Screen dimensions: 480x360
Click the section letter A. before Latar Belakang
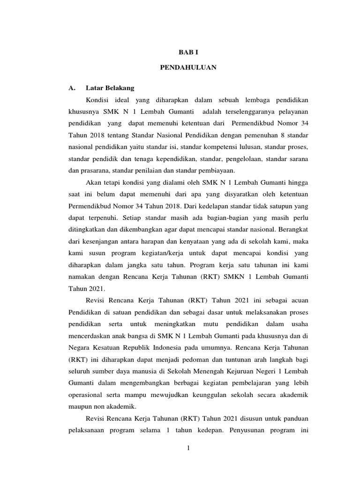(x=72, y=88)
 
